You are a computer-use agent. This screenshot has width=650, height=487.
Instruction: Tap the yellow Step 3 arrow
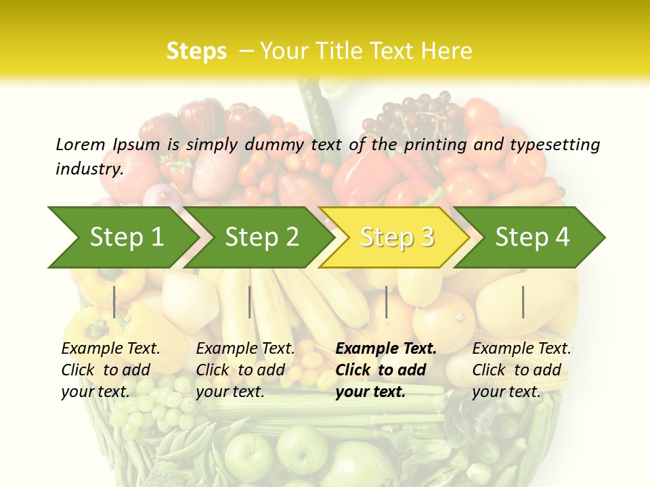pyautogui.click(x=396, y=237)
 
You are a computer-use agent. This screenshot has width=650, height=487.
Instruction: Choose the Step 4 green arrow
pyautogui.click(x=532, y=237)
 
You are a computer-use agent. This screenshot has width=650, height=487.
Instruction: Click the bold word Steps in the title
pyautogui.click(x=196, y=51)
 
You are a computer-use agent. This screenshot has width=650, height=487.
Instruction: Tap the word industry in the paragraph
pyautogui.click(x=89, y=169)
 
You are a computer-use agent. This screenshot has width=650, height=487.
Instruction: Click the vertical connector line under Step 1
pyautogui.click(x=114, y=302)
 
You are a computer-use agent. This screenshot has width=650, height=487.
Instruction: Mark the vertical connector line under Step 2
pyautogui.click(x=250, y=302)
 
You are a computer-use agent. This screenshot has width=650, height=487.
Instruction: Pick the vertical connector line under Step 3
pyautogui.click(x=386, y=302)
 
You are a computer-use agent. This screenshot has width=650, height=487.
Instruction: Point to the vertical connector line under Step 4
pyautogui.click(x=523, y=302)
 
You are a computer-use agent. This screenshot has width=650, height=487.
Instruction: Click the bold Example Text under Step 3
pyautogui.click(x=386, y=349)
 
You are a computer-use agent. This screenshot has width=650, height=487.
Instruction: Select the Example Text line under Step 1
pyautogui.click(x=110, y=349)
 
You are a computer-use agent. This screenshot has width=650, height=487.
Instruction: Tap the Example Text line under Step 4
pyautogui.click(x=521, y=349)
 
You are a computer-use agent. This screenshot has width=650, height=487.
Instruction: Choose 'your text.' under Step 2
pyautogui.click(x=230, y=392)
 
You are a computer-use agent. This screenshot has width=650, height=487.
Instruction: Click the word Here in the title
pyautogui.click(x=447, y=51)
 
